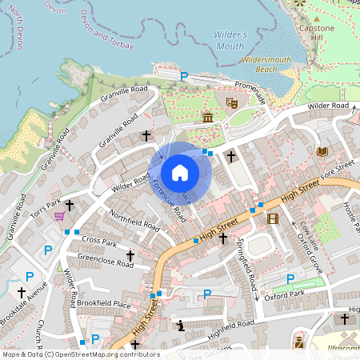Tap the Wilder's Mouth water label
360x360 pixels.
[229, 39]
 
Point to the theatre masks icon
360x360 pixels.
[232, 102]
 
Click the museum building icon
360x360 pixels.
[207, 118]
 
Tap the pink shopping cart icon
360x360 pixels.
[58, 215]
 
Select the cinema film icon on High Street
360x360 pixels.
[273, 218]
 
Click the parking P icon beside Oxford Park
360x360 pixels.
[290, 278]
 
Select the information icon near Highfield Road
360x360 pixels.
[181, 325]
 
